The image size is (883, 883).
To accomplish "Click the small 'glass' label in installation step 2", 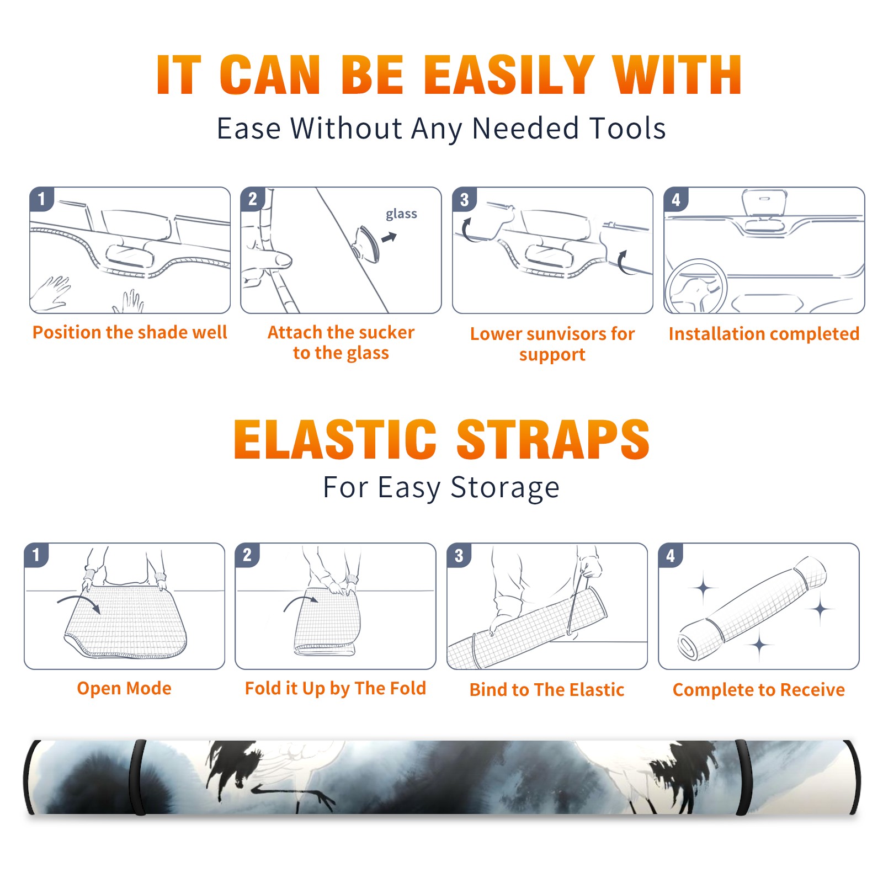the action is tap(401, 214).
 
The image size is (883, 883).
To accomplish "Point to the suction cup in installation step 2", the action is tap(366, 243).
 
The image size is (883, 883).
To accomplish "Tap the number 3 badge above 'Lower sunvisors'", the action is tap(464, 199).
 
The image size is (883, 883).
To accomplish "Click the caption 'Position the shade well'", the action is tap(130, 332).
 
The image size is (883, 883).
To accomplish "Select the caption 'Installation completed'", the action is tap(764, 334).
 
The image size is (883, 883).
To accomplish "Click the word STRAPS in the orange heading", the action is tap(553, 439).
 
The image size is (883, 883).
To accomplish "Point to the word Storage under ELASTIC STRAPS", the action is tap(505, 488).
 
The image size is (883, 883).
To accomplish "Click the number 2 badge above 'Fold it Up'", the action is tap(247, 555).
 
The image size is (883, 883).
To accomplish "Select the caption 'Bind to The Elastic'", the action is tap(546, 690).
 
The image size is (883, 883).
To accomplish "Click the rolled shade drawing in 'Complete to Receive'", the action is tap(752, 608).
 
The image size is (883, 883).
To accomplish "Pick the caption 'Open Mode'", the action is tap(124, 689).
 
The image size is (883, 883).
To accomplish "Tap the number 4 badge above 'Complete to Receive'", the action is tap(670, 555).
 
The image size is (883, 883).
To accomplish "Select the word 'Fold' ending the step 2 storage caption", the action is tap(408, 688).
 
